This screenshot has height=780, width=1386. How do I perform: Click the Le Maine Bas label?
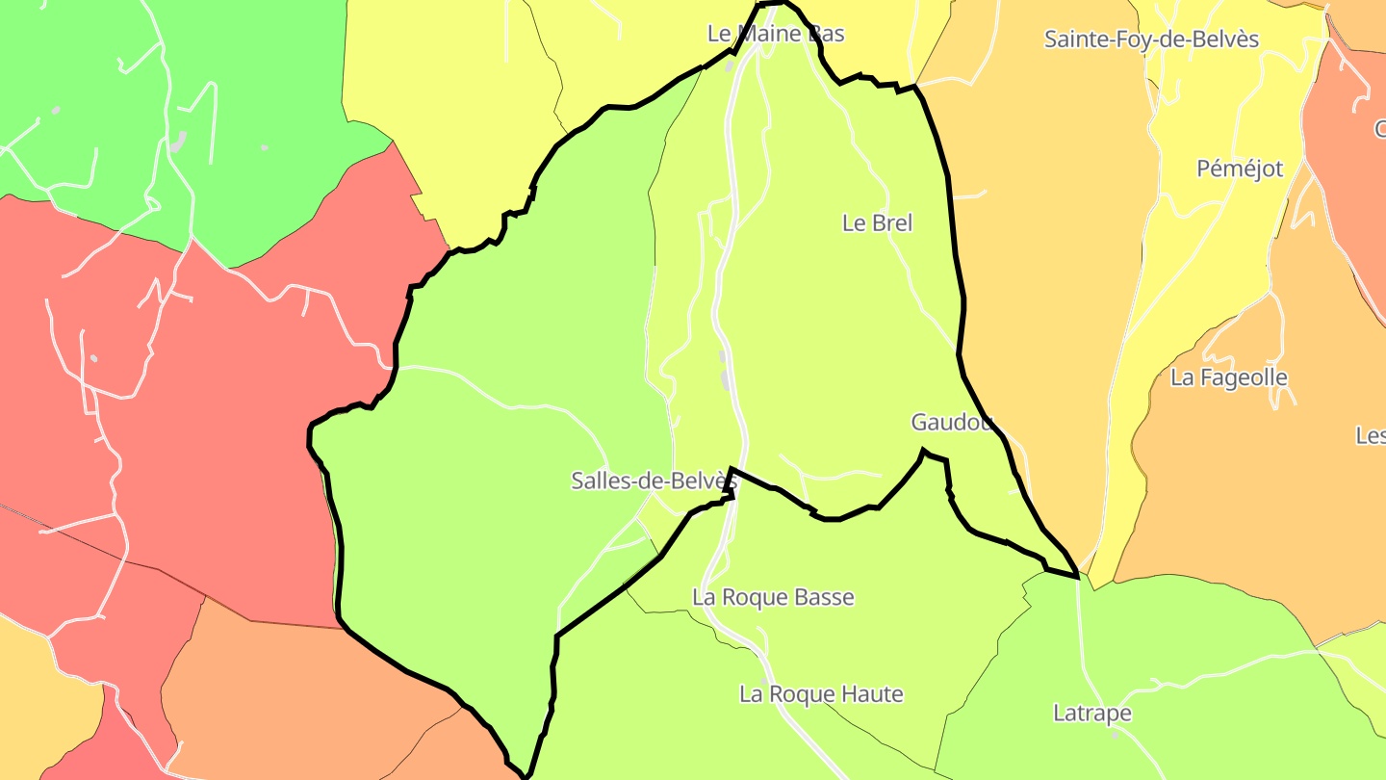click(776, 34)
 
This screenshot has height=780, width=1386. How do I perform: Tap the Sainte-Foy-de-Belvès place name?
click(1151, 39)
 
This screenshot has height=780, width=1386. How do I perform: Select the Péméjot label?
click(1240, 169)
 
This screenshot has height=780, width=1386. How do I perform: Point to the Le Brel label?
click(877, 222)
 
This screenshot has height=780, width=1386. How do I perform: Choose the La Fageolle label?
click(1228, 377)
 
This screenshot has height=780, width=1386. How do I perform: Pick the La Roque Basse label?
click(773, 597)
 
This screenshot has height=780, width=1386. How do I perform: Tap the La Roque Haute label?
click(821, 693)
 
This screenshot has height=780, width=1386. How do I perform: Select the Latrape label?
click(1091, 714)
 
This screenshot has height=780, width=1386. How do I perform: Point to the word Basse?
click(824, 597)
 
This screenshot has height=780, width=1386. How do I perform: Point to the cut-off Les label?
click(1371, 435)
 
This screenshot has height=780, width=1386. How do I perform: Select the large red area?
click(221, 404)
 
